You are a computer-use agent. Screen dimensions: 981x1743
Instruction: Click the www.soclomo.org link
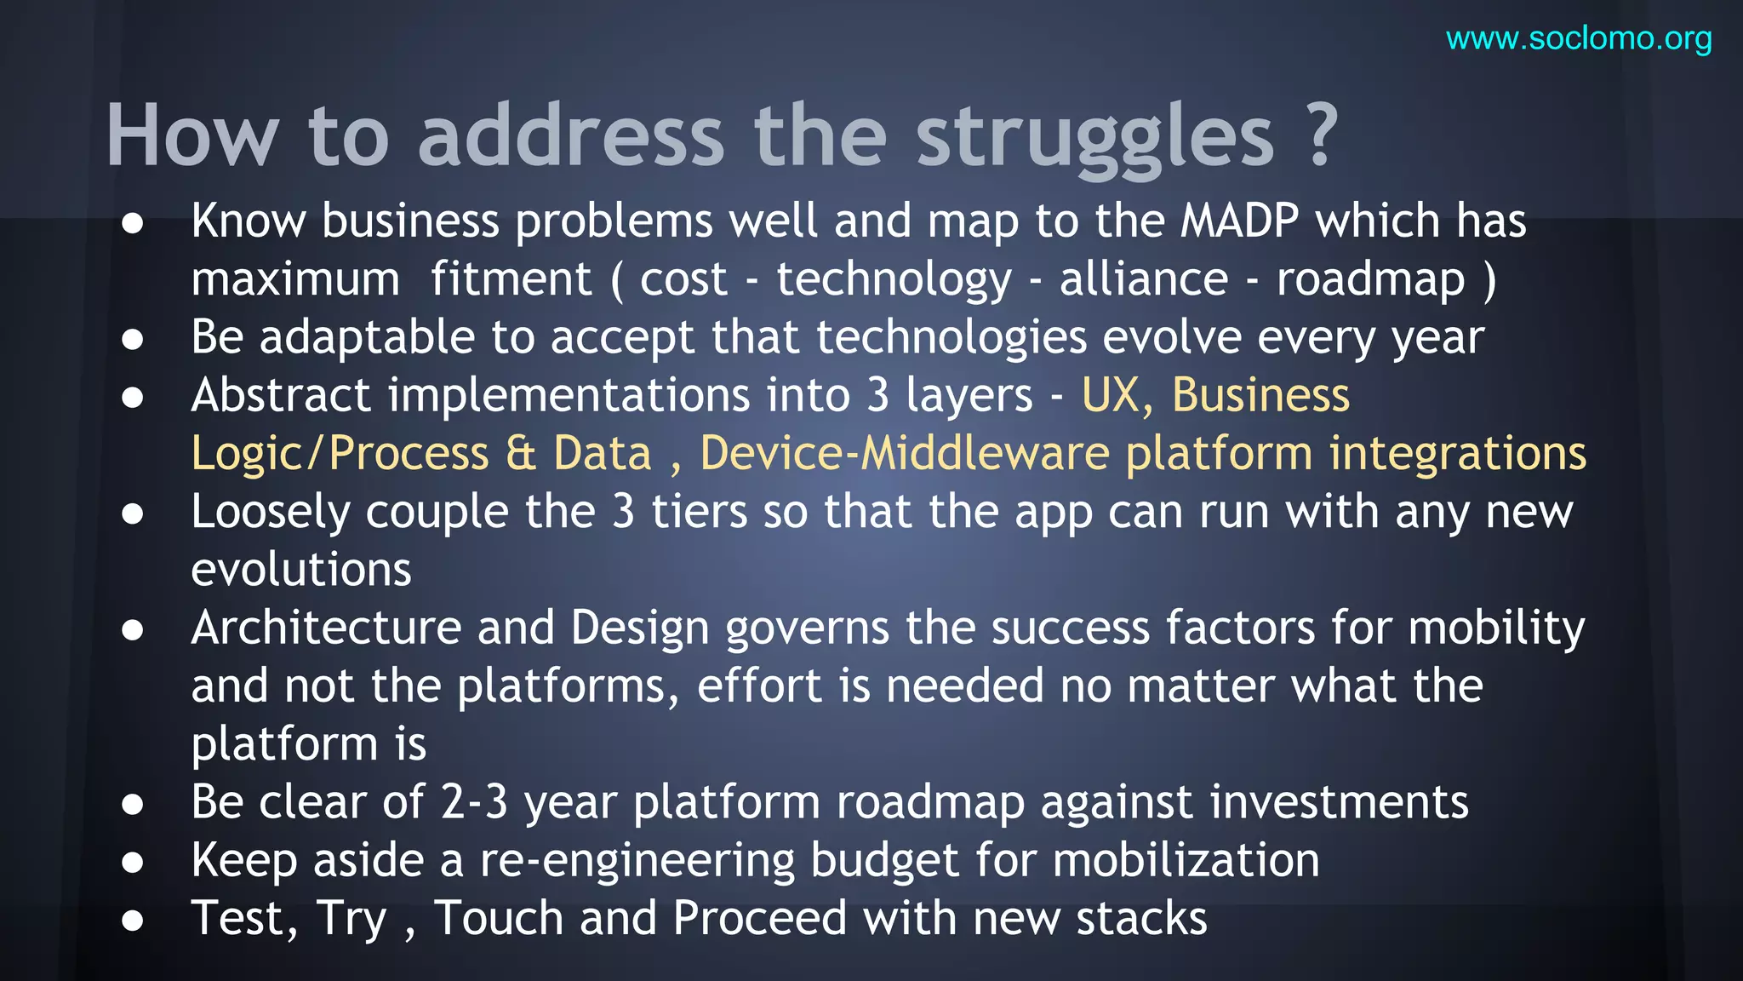(x=1579, y=39)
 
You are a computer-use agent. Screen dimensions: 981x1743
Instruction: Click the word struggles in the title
(x=1094, y=136)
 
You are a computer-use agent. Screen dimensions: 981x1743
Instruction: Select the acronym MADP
(x=1240, y=221)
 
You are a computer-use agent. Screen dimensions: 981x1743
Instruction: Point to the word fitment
(x=511, y=279)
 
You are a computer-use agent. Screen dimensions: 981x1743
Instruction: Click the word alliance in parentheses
(x=1144, y=279)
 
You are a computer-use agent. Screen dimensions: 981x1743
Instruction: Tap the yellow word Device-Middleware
(x=904, y=454)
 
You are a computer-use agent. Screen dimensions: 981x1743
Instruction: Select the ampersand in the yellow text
(x=521, y=454)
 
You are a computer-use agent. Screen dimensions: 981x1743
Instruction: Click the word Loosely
(x=271, y=513)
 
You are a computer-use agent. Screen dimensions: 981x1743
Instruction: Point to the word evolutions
(x=301, y=570)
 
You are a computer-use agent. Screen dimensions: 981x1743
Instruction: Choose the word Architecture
(x=326, y=628)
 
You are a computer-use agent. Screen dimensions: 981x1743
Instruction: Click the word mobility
(x=1496, y=628)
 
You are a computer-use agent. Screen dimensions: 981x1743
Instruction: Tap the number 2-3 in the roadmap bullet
(x=474, y=802)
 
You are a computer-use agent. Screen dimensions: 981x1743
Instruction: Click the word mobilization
(x=1186, y=860)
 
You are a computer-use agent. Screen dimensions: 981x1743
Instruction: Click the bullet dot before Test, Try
(x=132, y=921)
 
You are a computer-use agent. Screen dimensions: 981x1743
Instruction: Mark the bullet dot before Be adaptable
(x=132, y=340)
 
